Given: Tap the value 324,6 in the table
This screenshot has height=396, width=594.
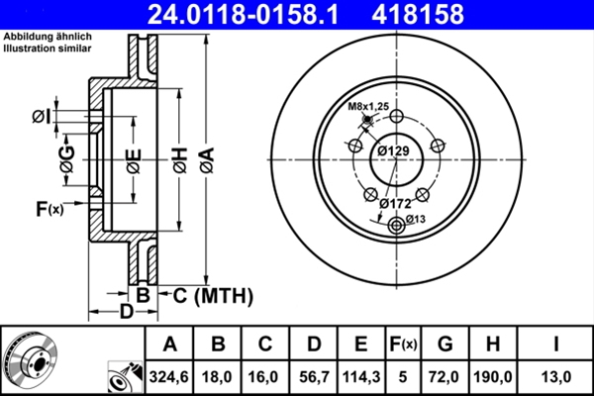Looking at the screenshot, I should (x=169, y=374).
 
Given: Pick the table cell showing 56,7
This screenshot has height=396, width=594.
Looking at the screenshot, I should (x=313, y=374).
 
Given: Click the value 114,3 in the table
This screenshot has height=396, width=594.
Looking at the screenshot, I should (x=361, y=374).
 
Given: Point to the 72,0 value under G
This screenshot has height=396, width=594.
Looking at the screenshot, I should (x=445, y=374).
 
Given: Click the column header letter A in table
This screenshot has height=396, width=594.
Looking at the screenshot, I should (x=169, y=344).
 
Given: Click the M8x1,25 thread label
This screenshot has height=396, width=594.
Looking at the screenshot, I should (x=368, y=107).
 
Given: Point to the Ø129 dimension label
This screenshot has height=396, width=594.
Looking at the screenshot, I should (x=394, y=149).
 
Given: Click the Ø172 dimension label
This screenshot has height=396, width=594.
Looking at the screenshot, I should (x=395, y=203).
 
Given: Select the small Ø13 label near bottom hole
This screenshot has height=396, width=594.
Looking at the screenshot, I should (x=415, y=219).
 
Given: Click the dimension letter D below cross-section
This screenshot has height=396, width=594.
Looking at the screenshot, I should (x=126, y=313).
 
